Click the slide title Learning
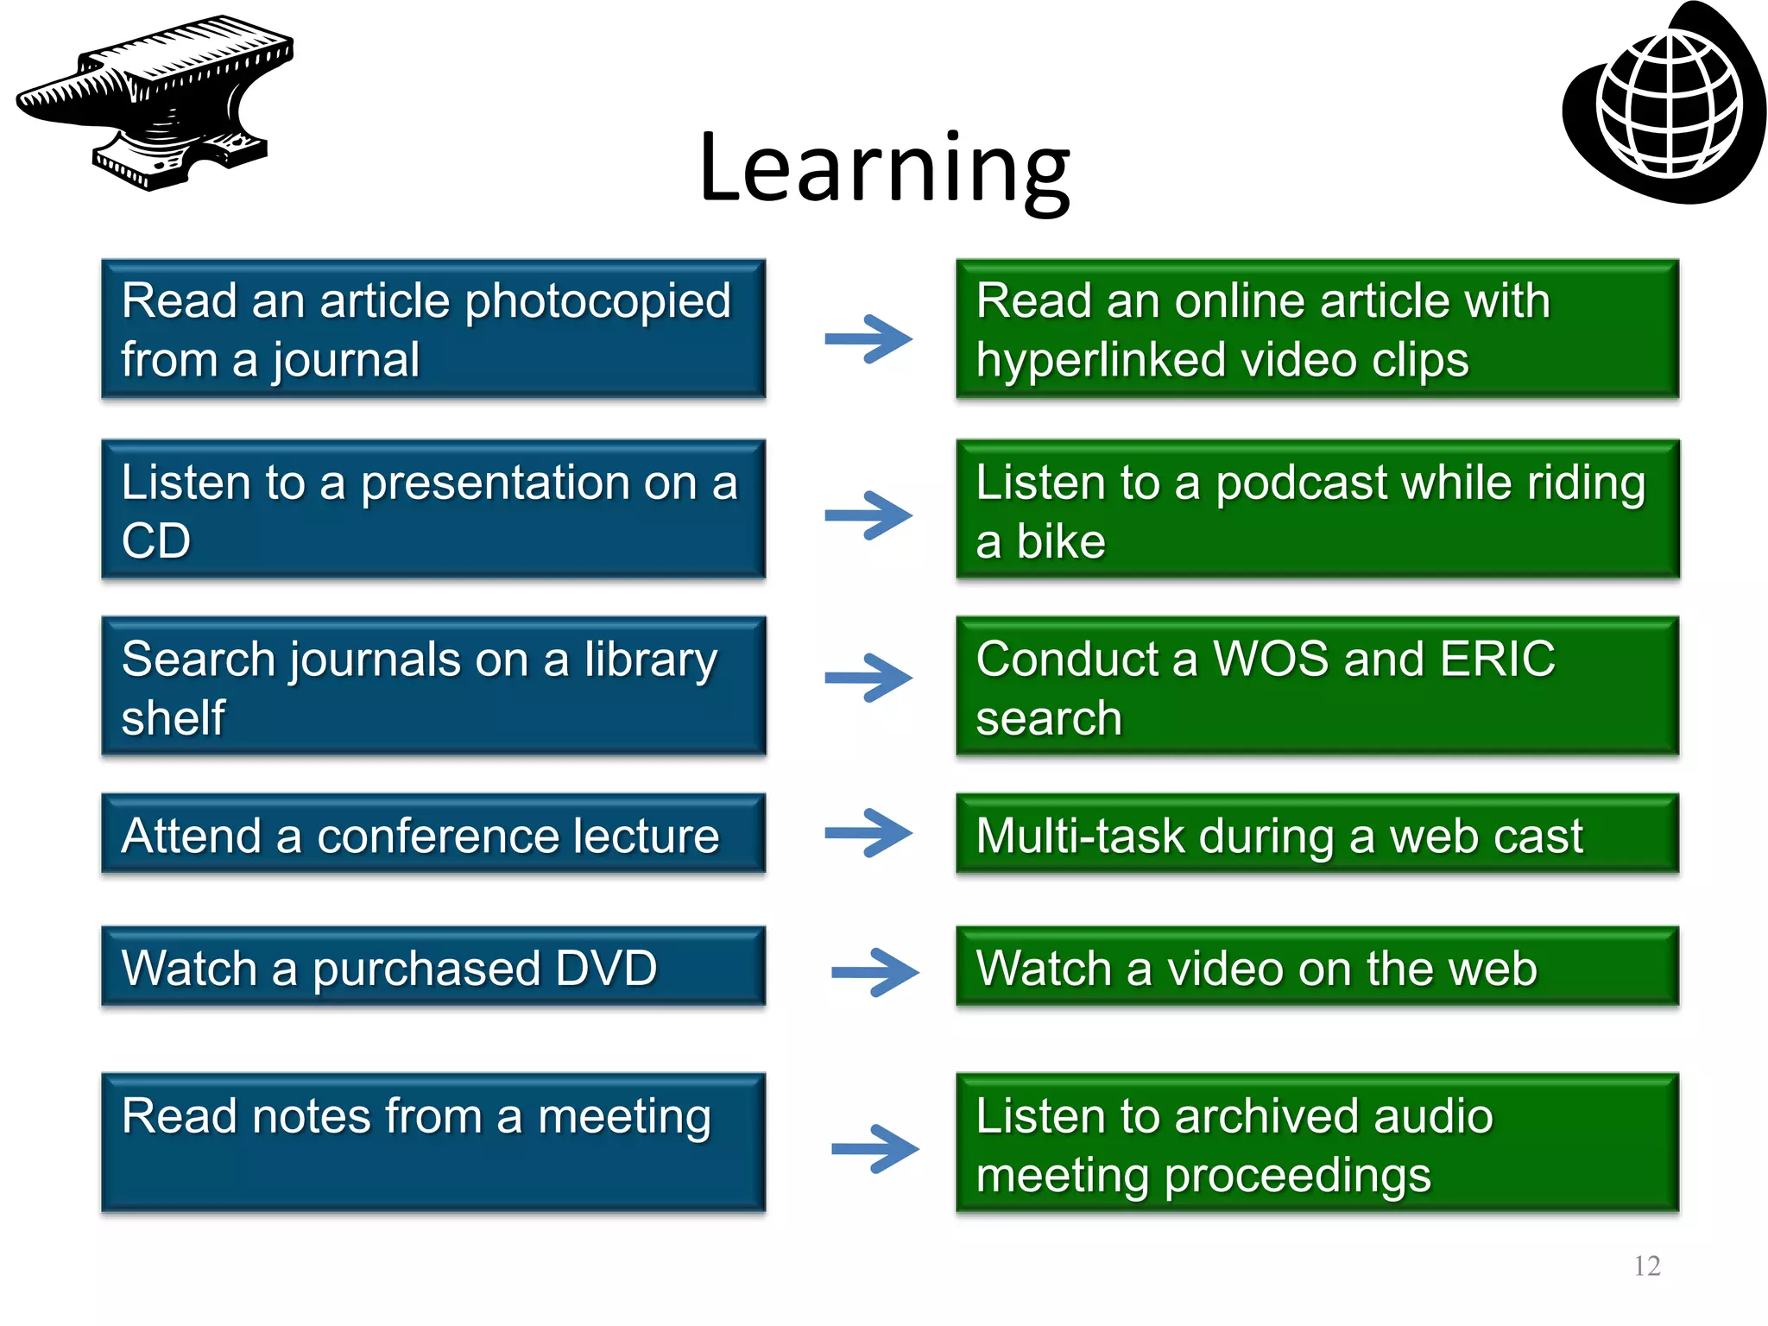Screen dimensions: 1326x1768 click(884, 168)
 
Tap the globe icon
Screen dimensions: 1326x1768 click(1666, 104)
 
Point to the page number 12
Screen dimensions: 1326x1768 click(1646, 1266)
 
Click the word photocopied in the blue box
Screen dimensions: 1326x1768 click(597, 302)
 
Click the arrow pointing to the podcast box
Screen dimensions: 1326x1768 click(868, 515)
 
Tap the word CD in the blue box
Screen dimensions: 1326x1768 click(156, 542)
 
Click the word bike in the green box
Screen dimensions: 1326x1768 click(1060, 542)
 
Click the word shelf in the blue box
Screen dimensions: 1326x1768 click(173, 718)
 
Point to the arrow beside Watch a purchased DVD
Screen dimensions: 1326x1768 click(874, 972)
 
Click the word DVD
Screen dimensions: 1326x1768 click(606, 968)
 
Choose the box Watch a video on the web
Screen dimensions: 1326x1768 click(1317, 967)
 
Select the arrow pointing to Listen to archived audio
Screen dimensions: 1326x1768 click(874, 1148)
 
